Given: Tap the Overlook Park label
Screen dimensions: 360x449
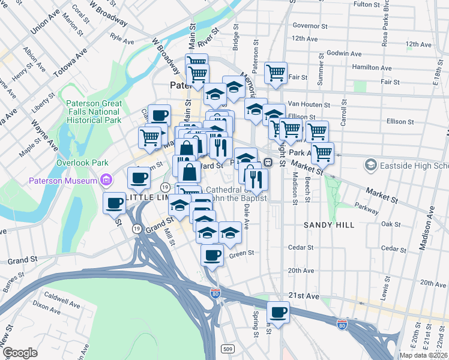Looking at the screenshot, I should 82,162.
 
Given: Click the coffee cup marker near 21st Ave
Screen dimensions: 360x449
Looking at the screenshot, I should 279,313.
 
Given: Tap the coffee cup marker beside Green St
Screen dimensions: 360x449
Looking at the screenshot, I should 211,255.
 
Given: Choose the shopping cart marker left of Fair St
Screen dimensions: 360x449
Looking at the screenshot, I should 276,73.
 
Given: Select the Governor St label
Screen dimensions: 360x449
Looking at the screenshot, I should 310,26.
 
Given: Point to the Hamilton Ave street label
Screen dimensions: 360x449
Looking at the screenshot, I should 372,67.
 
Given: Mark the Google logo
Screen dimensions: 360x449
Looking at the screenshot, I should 20,352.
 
